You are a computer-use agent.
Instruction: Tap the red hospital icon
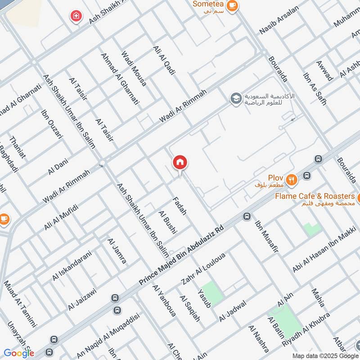[x=76, y=16]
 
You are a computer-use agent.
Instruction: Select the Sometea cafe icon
[x=232, y=5]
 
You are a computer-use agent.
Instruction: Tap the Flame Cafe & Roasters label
[x=315, y=196]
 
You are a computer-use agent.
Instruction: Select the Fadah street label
[x=179, y=205]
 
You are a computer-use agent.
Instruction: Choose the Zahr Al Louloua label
[x=203, y=268]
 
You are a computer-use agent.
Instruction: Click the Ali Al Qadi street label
[x=164, y=59]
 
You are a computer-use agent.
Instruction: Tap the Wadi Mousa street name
[x=134, y=68]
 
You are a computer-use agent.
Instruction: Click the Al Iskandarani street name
[x=68, y=265]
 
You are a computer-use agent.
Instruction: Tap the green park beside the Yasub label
[x=212, y=292]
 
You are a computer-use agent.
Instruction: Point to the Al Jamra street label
[x=117, y=251]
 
